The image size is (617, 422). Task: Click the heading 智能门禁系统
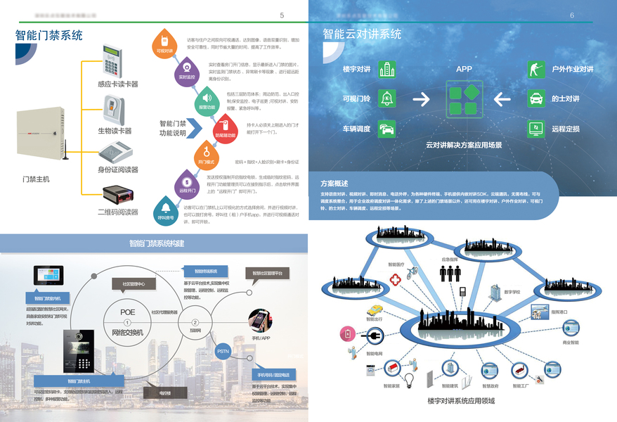click(49, 35)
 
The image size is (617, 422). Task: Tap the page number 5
click(282, 15)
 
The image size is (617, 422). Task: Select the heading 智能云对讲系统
click(363, 34)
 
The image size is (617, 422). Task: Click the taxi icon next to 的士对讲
click(536, 99)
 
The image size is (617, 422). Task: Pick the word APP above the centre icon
click(464, 69)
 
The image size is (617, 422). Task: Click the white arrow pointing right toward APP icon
click(421, 99)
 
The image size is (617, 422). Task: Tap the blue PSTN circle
click(223, 350)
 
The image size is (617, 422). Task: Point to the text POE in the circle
click(127, 312)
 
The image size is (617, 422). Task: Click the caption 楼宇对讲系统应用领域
click(461, 401)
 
